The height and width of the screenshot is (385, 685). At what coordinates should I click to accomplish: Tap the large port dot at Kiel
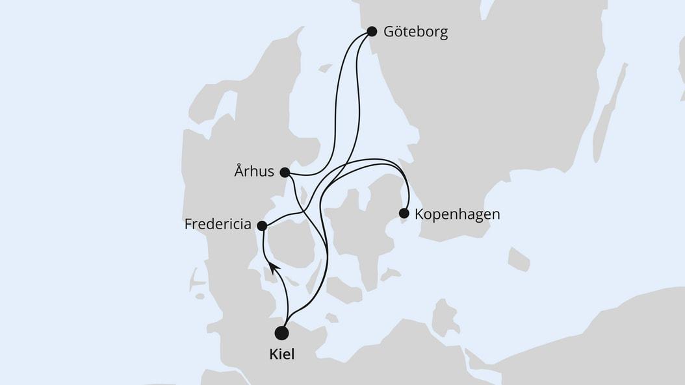point(281,333)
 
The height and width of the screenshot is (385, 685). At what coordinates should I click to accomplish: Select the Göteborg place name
point(415,32)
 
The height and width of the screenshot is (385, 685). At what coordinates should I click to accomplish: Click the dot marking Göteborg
point(372,31)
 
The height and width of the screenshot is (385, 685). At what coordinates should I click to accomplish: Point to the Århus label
point(253,173)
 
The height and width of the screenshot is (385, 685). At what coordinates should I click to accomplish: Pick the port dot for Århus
point(284,173)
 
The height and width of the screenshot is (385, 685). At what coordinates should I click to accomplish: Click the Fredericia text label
point(218,225)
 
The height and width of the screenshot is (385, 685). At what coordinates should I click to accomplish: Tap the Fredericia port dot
point(262,226)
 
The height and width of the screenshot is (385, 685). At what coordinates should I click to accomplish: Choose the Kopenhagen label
point(458,214)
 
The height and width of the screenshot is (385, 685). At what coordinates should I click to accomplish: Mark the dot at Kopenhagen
point(404,213)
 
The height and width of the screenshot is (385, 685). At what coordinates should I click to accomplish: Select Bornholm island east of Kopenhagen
point(519,259)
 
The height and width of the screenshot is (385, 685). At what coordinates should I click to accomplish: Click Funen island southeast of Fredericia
point(291,243)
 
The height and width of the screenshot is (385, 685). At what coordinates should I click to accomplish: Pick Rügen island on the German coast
point(445,317)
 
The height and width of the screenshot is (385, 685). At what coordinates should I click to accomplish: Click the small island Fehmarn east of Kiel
point(332,318)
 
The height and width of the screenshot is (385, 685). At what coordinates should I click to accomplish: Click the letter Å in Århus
point(239,172)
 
